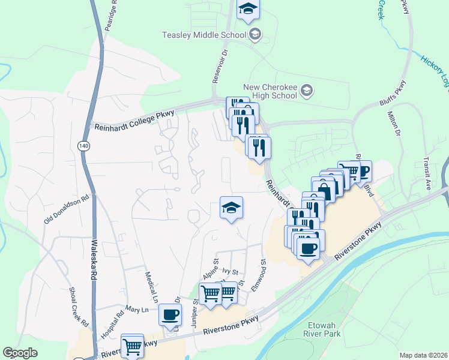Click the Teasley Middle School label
pyautogui.click(x=204, y=34)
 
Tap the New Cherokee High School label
pyautogui.click(x=270, y=91)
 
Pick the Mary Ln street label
pyautogui.click(x=136, y=310)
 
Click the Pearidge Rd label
pyautogui.click(x=109, y=25)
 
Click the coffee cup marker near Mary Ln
pyautogui.click(x=170, y=314)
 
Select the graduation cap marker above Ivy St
pyautogui.click(x=231, y=208)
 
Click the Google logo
pyautogui.click(x=19, y=353)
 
